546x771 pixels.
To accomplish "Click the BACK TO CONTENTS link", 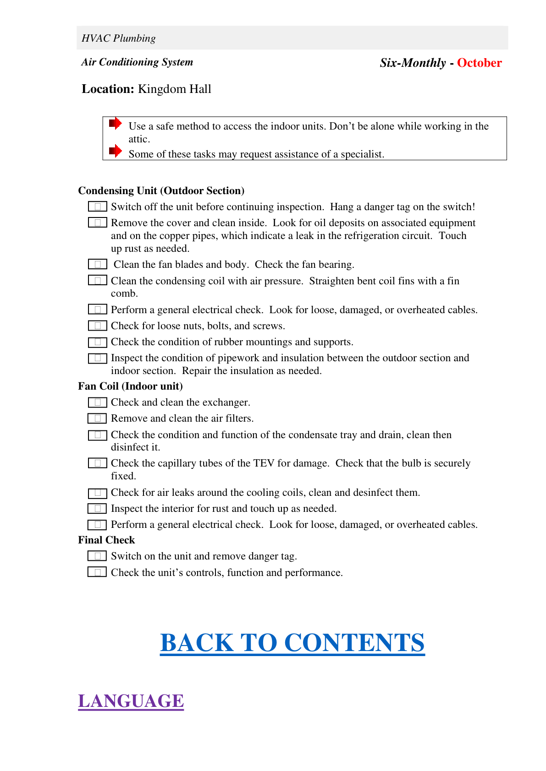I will click(x=292, y=642).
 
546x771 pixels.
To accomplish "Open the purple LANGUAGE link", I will click(x=131, y=701).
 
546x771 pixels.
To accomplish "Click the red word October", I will click(x=479, y=63).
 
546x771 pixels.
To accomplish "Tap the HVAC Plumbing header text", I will click(x=119, y=38).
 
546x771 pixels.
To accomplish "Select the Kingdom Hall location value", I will click(x=175, y=89).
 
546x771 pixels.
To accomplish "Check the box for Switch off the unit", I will click(x=97, y=206).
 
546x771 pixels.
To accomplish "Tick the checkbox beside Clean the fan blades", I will click(x=97, y=264).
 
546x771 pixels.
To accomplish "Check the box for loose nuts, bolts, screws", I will click(x=97, y=326).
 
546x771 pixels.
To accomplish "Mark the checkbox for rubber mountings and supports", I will click(x=97, y=342).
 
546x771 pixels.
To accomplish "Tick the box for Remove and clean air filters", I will click(x=97, y=418).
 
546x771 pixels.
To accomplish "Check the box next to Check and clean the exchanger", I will click(x=97, y=402).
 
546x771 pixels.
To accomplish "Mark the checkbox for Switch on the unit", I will click(x=97, y=556).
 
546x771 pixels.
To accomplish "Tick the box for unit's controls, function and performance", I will click(x=97, y=572).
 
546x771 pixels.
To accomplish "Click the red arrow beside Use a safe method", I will click(x=115, y=123).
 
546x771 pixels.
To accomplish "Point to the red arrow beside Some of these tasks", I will click(x=115, y=151).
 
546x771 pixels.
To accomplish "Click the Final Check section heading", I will click(x=106, y=540).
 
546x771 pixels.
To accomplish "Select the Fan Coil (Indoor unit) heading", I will click(x=130, y=386).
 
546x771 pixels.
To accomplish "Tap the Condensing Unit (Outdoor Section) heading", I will click(x=161, y=191).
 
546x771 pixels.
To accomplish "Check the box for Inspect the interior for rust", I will click(x=97, y=508).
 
